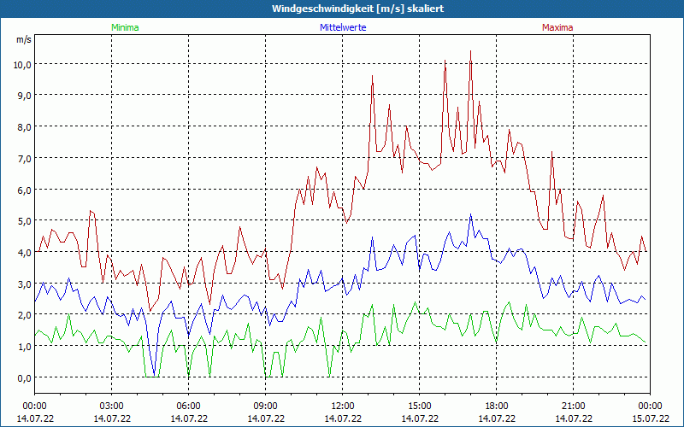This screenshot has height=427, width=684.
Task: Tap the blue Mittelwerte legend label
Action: (x=343, y=27)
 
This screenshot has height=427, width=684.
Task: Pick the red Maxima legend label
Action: (x=557, y=27)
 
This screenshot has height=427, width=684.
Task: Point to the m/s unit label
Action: (x=23, y=39)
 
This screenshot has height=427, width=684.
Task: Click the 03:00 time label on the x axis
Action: (x=112, y=406)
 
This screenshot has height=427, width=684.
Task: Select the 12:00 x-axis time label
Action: (x=343, y=406)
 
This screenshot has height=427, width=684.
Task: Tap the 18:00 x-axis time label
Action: (x=497, y=406)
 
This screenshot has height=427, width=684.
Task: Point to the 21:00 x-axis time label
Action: (x=574, y=406)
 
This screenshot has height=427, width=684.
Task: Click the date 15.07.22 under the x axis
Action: (x=650, y=418)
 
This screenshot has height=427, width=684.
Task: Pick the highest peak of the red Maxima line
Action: (x=470, y=51)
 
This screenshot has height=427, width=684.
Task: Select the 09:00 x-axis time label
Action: (x=266, y=406)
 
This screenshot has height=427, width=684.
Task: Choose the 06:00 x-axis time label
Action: (x=189, y=406)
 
